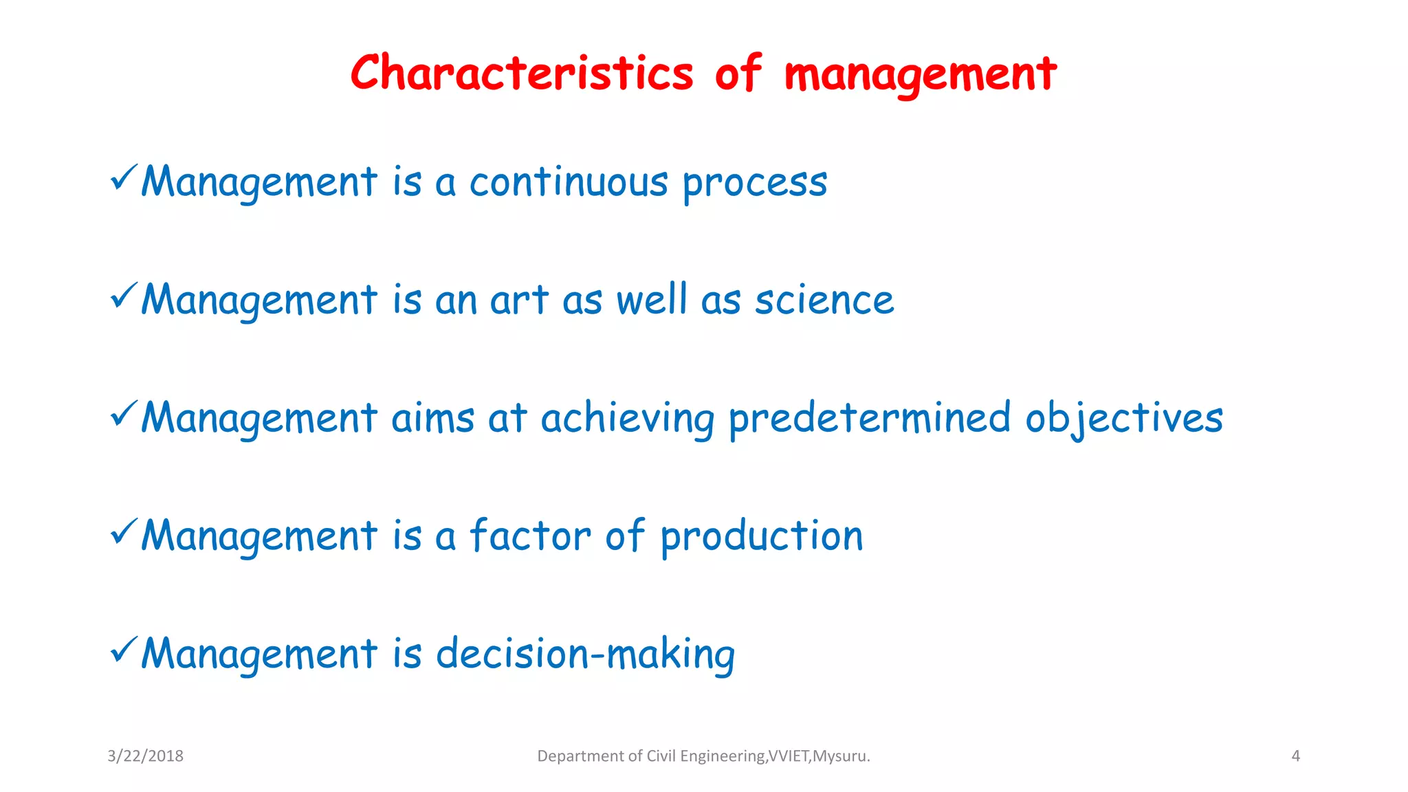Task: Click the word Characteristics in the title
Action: click(x=522, y=73)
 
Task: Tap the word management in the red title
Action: click(x=920, y=74)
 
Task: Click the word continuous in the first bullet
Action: click(x=568, y=183)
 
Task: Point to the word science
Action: click(x=824, y=301)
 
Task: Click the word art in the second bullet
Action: click(x=518, y=301)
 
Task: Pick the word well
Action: click(x=651, y=300)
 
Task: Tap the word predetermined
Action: click(x=869, y=419)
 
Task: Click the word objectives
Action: click(x=1123, y=419)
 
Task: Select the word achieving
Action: click(x=627, y=419)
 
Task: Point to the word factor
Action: click(x=529, y=536)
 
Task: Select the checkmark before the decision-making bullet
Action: click(x=124, y=649)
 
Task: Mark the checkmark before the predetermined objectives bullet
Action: click(x=124, y=413)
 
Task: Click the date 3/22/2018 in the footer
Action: click(x=145, y=756)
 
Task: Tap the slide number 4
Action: click(x=1295, y=756)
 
